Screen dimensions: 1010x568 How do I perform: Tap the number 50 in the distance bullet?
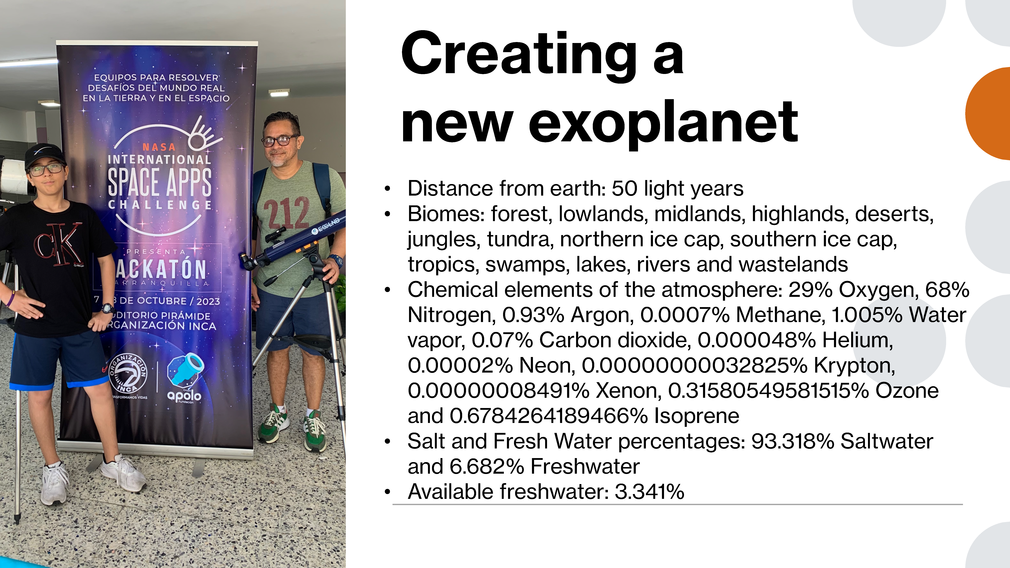(625, 189)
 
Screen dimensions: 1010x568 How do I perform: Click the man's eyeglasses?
(279, 140)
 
